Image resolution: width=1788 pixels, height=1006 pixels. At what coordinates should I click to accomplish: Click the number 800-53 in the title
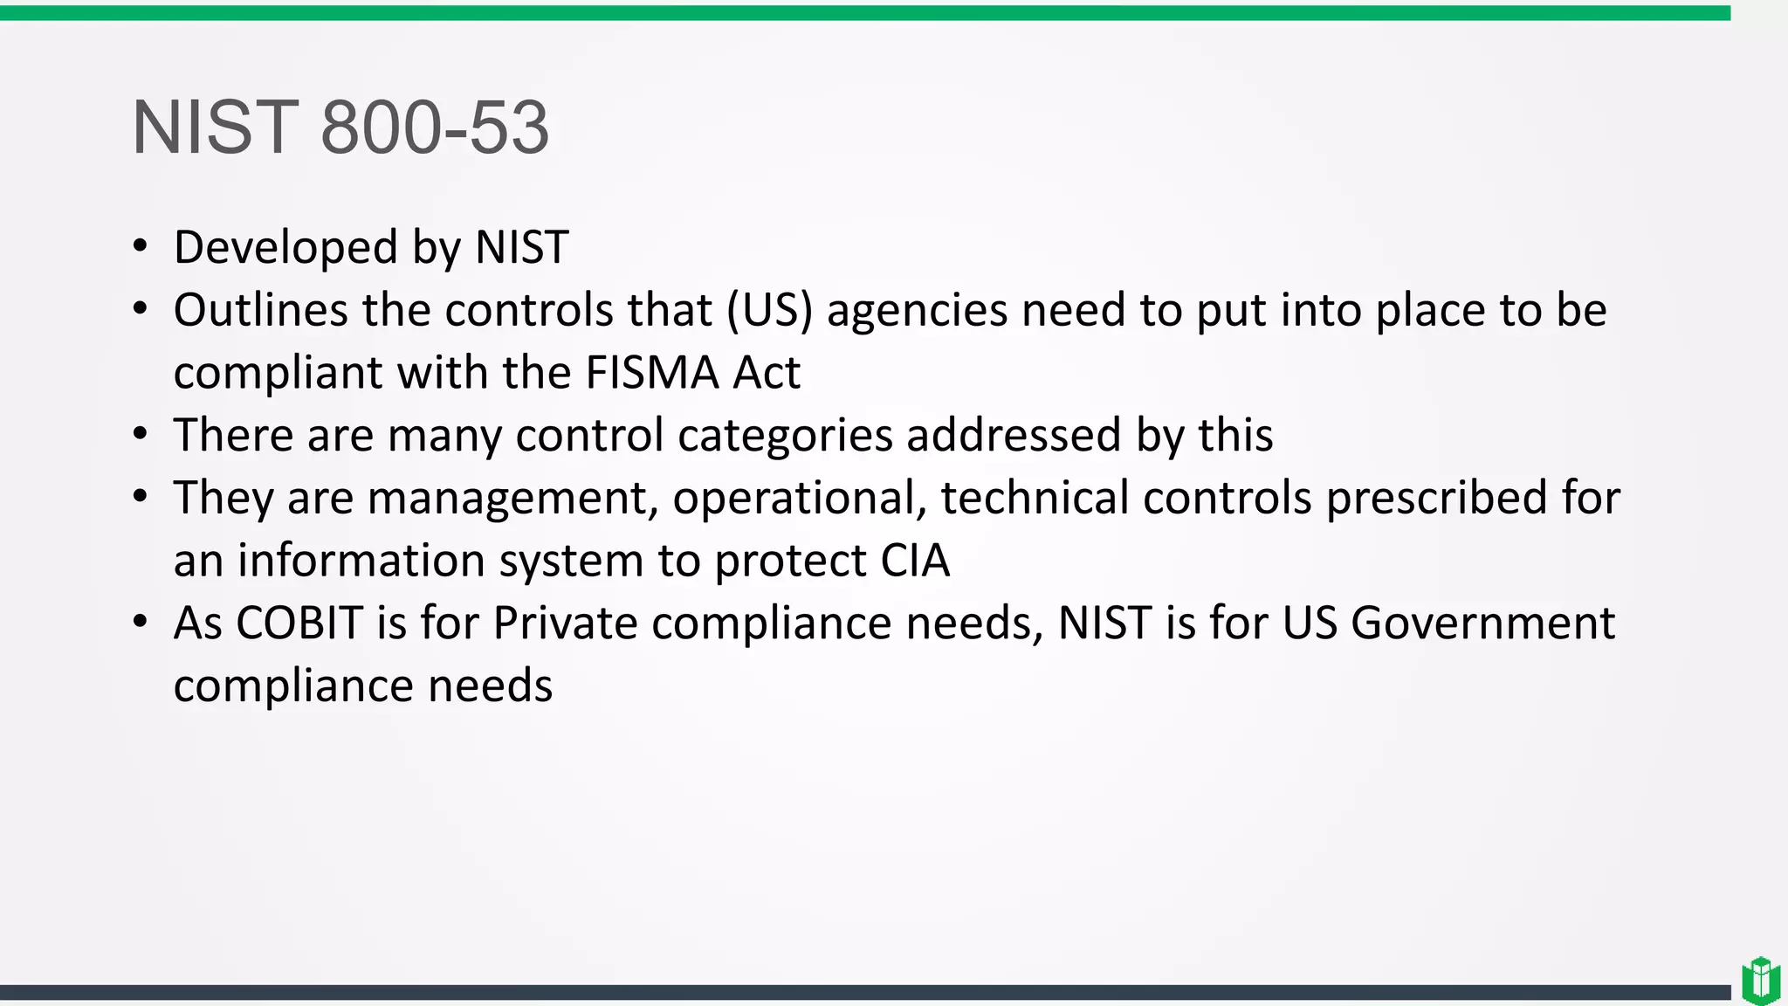pos(435,127)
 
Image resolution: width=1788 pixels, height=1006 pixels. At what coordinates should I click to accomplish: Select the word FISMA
pos(651,373)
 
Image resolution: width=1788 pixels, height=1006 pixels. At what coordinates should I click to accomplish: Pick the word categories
pos(785,435)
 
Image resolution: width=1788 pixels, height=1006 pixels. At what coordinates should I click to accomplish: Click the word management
pos(512,498)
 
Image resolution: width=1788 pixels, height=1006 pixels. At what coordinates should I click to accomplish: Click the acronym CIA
pos(914,561)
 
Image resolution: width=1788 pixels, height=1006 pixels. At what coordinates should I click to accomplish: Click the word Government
pos(1482,624)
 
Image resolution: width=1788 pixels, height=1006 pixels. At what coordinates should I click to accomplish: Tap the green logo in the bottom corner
pos(1760,980)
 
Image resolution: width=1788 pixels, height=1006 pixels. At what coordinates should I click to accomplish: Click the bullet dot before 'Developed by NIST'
pos(141,247)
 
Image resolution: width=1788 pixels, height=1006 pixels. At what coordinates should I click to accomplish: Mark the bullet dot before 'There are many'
pos(141,435)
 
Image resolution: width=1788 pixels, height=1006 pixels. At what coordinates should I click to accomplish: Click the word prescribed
pos(1437,498)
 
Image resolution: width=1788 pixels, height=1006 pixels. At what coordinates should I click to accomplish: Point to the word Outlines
pos(260,310)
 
